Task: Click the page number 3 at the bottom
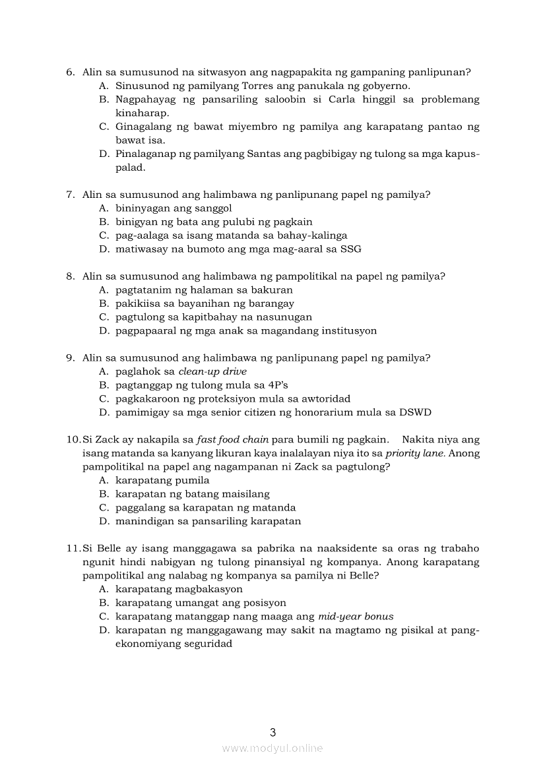point(272,731)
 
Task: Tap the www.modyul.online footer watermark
point(272,748)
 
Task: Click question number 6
point(70,72)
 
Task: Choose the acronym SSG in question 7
point(350,249)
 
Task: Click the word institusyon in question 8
point(344,330)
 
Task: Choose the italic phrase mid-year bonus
point(356,617)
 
